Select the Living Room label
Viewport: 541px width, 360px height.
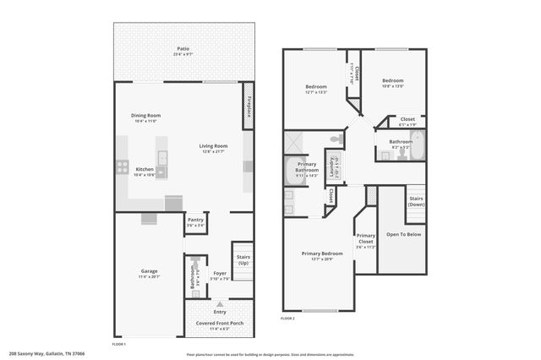click(213, 145)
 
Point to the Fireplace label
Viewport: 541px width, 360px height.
click(249, 106)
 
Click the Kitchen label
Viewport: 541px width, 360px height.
click(145, 169)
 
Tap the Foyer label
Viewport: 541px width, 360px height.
click(220, 273)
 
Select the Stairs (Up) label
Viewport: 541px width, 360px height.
click(243, 259)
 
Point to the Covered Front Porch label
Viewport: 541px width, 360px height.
click(219, 324)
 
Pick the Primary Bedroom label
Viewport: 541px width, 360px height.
click(322, 254)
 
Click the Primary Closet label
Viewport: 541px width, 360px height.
click(365, 238)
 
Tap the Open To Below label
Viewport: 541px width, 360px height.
click(403, 234)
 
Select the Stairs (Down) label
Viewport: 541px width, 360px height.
click(416, 202)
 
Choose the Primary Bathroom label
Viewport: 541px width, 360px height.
click(307, 167)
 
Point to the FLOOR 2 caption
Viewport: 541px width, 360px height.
click(287, 319)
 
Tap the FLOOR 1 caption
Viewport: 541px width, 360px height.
click(119, 344)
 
